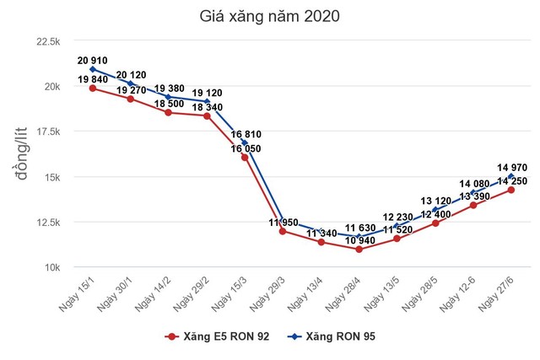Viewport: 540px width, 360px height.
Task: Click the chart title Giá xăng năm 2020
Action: tap(270, 15)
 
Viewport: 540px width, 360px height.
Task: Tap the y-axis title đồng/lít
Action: tap(16, 155)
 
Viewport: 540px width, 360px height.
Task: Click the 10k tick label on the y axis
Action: tap(50, 267)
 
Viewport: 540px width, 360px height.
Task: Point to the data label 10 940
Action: tap(360, 240)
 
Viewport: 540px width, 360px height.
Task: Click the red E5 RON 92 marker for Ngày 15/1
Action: tap(92, 88)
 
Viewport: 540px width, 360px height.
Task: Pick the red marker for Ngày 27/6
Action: tap(511, 190)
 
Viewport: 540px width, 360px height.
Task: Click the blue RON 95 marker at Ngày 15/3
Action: tap(245, 143)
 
